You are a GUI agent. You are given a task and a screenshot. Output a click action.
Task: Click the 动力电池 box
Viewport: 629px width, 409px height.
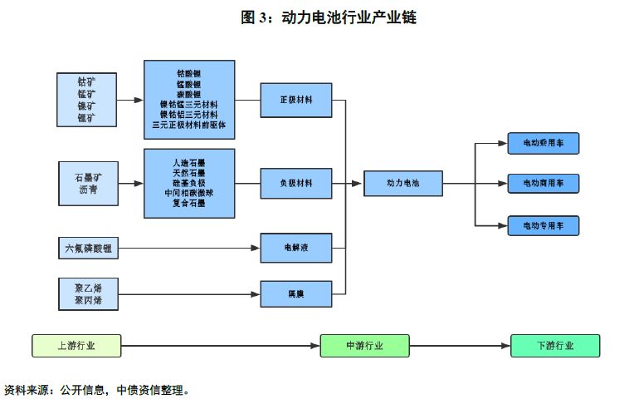403,184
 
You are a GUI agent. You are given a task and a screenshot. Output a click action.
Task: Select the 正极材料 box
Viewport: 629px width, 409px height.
296,100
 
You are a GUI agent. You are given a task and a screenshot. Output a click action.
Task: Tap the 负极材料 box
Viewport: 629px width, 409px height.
296,184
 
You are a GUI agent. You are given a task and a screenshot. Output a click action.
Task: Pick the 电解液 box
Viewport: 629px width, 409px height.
296,248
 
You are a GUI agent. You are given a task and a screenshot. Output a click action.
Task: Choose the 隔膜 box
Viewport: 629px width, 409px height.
296,293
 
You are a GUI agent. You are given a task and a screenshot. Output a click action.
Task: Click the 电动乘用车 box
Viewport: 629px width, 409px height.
543,144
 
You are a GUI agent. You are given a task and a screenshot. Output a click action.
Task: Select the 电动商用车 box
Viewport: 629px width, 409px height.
543,184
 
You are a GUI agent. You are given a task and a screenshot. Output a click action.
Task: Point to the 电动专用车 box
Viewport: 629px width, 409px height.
543,225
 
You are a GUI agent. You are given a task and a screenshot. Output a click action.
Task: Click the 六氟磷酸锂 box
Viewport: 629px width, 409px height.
88,248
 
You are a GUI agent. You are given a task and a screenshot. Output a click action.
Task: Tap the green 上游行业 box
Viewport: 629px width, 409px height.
76,345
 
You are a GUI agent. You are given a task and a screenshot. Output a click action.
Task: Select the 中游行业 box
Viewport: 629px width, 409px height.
364,345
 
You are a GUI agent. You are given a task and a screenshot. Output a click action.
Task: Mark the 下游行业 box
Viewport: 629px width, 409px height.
554,345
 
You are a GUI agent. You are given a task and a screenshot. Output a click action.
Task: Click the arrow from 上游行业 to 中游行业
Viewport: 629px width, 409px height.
220,345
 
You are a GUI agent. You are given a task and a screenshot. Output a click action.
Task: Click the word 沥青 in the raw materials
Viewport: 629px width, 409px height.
88,190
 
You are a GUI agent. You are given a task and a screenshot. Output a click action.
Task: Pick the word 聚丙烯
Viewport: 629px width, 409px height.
88,300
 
